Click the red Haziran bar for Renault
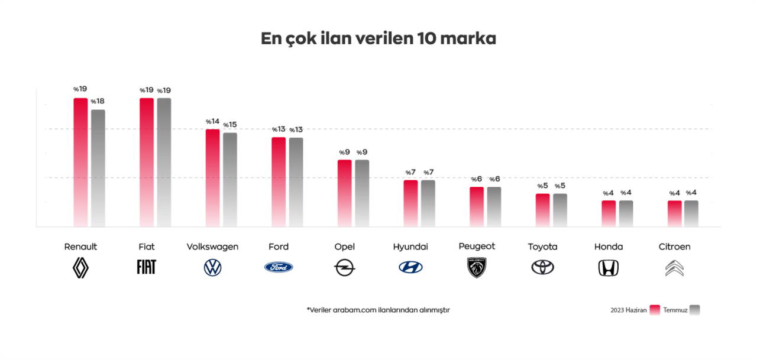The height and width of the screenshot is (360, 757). [80, 162]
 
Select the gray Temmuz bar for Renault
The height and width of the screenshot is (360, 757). [98, 168]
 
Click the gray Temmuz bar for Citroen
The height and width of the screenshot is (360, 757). [691, 213]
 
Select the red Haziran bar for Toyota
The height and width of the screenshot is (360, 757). [542, 210]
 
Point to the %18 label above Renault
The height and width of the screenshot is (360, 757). [98, 102]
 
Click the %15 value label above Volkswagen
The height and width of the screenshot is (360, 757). [230, 125]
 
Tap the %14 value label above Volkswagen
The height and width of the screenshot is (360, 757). [212, 121]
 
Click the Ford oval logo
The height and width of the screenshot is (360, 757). [279, 267]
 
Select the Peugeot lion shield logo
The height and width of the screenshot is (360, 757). [477, 267]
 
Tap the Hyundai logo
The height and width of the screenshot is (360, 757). [410, 267]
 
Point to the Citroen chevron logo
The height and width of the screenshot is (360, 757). [674, 268]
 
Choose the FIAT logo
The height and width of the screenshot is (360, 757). [146, 267]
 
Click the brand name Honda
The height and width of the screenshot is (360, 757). [609, 247]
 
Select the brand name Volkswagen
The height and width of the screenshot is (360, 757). [212, 247]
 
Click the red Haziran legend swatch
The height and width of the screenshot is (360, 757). [655, 310]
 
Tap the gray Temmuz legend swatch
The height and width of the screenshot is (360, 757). [694, 310]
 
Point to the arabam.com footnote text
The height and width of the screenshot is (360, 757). [378, 310]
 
